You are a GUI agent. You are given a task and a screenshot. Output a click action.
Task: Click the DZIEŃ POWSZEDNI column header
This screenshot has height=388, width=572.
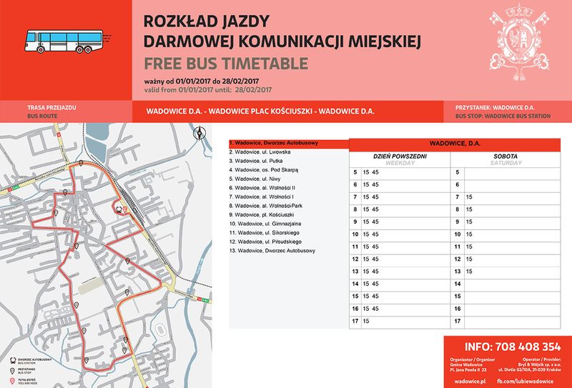coord(400,156)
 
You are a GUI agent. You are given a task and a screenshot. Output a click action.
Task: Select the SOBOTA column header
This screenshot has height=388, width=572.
coord(505,156)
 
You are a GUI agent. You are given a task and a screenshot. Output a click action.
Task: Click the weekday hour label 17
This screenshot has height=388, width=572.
coord(355,322)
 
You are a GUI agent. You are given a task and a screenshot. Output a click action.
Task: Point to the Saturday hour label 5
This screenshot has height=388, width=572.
coord(458,173)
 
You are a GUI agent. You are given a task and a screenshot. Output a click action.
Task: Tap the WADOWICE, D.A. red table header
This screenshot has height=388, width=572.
coord(454,144)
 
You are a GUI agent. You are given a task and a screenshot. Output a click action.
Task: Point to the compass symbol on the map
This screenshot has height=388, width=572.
coord(199,132)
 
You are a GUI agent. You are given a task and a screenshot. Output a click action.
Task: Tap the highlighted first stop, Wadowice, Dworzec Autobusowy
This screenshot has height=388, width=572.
coord(272,143)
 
